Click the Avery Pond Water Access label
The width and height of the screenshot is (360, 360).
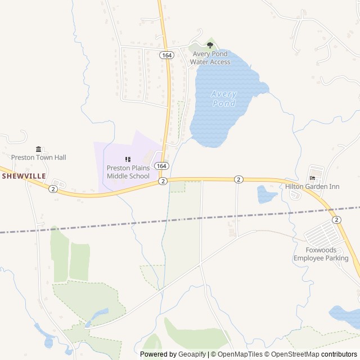[x=210, y=58]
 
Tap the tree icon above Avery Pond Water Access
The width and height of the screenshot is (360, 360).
[x=210, y=45]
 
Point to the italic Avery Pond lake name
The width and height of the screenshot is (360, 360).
[x=224, y=99]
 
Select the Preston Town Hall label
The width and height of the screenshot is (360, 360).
[x=39, y=157]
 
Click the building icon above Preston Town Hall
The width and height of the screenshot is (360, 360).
[x=38, y=149]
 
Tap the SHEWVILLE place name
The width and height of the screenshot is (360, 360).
[x=24, y=176]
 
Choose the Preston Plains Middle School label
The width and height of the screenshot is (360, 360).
[x=128, y=172]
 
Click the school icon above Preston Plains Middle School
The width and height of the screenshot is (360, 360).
[x=128, y=160]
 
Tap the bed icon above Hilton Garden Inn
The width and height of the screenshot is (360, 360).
[x=312, y=178]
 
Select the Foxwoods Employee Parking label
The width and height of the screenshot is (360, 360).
[x=321, y=254]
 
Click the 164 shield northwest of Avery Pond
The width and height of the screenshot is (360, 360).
[x=166, y=55]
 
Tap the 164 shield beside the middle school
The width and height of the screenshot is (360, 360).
[x=161, y=166]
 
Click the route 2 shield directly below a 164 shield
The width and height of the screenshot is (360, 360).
[x=163, y=181]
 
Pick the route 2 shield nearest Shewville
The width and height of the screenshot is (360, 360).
[x=53, y=189]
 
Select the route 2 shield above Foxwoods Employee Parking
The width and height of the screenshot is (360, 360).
[x=336, y=219]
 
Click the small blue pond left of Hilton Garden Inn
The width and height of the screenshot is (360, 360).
[x=266, y=195]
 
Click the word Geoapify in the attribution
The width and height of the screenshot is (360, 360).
[x=192, y=354]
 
